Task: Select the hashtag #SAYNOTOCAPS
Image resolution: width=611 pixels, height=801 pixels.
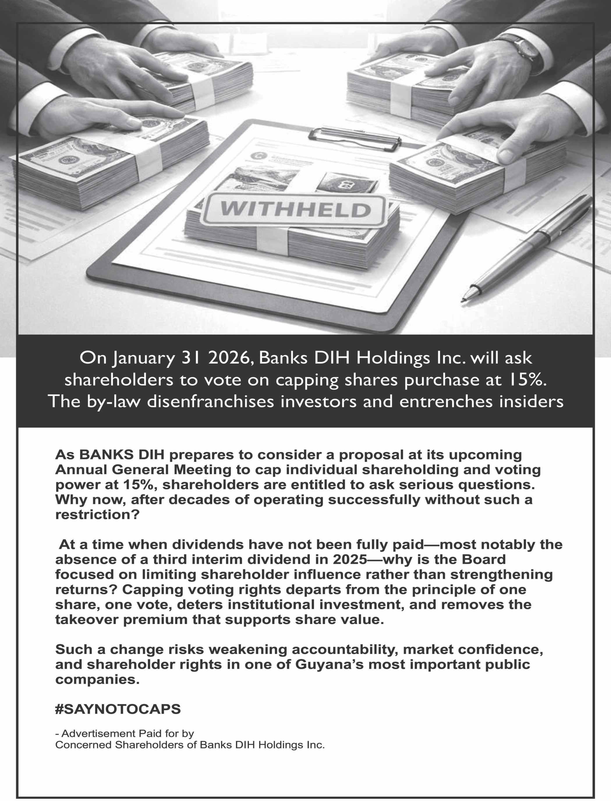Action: click(x=118, y=709)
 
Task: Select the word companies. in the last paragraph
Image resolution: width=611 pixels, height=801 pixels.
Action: click(x=98, y=679)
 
